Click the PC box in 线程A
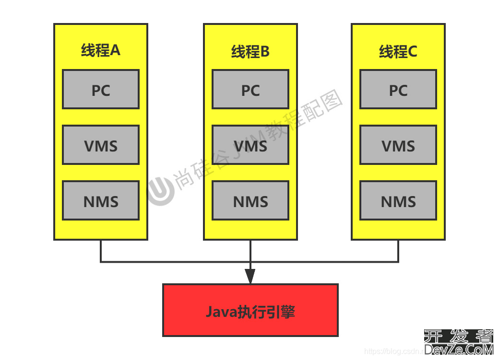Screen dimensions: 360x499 101,89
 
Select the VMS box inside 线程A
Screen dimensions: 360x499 101,145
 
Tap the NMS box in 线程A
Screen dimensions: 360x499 101,200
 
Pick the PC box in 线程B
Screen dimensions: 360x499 250,89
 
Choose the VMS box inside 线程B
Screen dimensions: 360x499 250,145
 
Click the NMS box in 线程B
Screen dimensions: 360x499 250,200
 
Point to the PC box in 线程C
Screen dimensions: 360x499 398,89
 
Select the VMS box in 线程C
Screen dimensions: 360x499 398,145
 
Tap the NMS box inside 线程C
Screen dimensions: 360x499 398,200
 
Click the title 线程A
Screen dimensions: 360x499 101,50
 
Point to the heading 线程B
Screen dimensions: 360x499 250,51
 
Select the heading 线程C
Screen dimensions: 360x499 398,51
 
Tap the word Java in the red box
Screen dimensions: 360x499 221,312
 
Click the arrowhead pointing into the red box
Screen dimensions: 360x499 250,276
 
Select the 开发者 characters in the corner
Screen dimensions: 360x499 459,337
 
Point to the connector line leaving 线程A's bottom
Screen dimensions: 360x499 101,251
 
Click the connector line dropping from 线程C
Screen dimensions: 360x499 398,251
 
